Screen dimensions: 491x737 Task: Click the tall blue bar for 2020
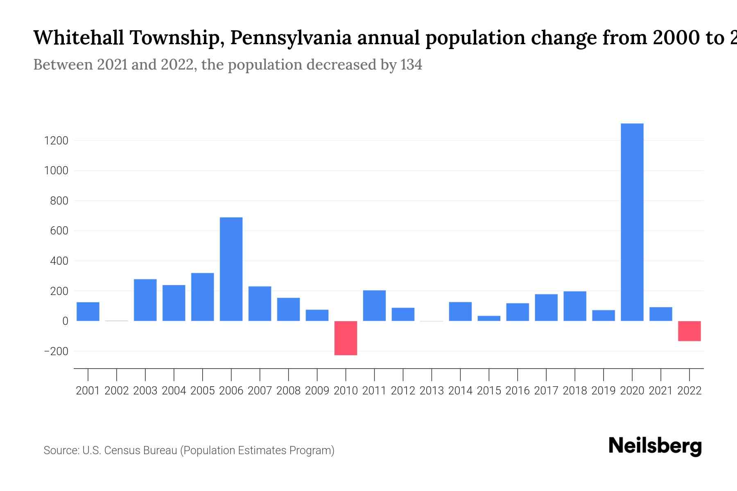pyautogui.click(x=632, y=222)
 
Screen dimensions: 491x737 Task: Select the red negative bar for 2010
pyautogui.click(x=346, y=338)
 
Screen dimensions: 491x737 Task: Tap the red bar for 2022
pyautogui.click(x=689, y=331)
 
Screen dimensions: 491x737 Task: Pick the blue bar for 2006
pyautogui.click(x=231, y=269)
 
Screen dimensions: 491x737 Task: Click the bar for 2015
pyautogui.click(x=489, y=318)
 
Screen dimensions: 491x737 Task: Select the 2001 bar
pyautogui.click(x=88, y=311)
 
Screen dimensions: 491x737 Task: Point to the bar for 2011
pyautogui.click(x=374, y=306)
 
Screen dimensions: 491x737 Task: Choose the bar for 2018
pyautogui.click(x=575, y=306)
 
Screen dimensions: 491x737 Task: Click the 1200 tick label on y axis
pyautogui.click(x=56, y=141)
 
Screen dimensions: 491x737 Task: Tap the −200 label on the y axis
pyautogui.click(x=56, y=351)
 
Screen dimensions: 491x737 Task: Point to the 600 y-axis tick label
pyautogui.click(x=59, y=231)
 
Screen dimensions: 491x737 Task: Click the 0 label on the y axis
pyautogui.click(x=65, y=321)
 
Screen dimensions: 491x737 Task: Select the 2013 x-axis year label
pyautogui.click(x=432, y=391)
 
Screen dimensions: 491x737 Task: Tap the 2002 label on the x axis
pyautogui.click(x=117, y=391)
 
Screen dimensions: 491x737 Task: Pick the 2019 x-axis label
pyautogui.click(x=604, y=391)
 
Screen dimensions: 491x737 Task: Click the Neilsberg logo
pyautogui.click(x=655, y=446)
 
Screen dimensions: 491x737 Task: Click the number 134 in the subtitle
pyautogui.click(x=411, y=65)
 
